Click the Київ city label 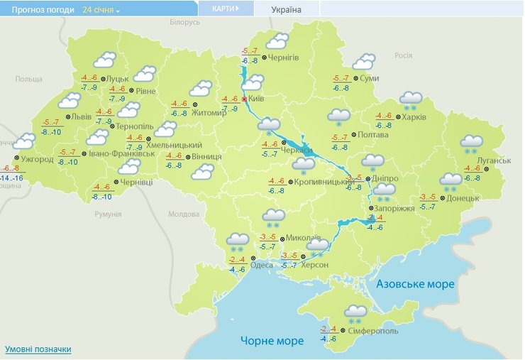pyautogui.click(x=256, y=99)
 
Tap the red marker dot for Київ pyautogui.click(x=245, y=99)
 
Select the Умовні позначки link pyautogui.click(x=38, y=349)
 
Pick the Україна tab pyautogui.click(x=287, y=10)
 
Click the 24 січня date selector pyautogui.click(x=101, y=11)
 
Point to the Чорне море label pyautogui.click(x=272, y=341)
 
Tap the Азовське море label pyautogui.click(x=415, y=284)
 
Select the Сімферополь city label pyautogui.click(x=374, y=331)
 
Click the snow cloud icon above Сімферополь pyautogui.click(x=355, y=312)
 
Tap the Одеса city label pyautogui.click(x=262, y=265)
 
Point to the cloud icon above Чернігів pyautogui.click(x=277, y=41)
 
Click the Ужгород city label pyautogui.click(x=38, y=159)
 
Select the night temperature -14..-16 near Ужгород pyautogui.click(x=10, y=178)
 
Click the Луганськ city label pyautogui.click(x=494, y=161)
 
